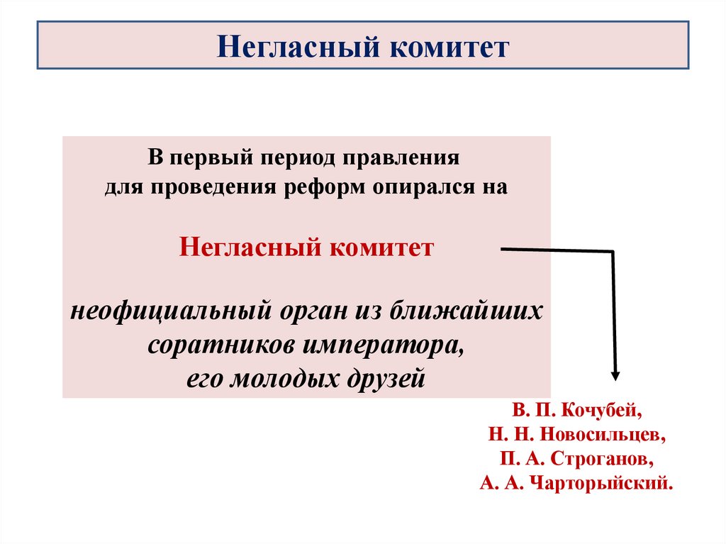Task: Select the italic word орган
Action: point(313,312)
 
